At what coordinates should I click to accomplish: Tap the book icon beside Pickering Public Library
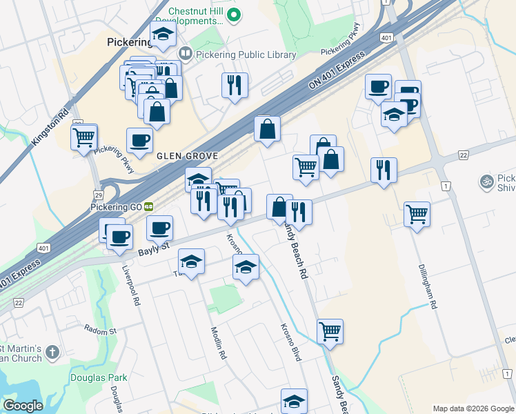tap(186, 53)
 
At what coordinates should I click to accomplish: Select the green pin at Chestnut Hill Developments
tap(234, 14)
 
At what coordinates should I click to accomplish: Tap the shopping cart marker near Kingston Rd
tap(84, 137)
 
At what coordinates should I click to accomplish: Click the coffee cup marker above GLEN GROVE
tap(140, 141)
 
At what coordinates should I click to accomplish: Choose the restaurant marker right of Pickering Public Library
tap(235, 85)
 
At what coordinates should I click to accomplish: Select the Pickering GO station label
tap(115, 206)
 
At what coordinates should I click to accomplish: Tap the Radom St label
tap(101, 331)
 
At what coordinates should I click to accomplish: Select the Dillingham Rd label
tap(428, 286)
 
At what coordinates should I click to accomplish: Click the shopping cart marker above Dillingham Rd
tap(417, 214)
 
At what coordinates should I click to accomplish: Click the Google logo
tap(23, 406)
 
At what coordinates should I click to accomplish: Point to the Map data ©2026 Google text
tap(473, 408)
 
